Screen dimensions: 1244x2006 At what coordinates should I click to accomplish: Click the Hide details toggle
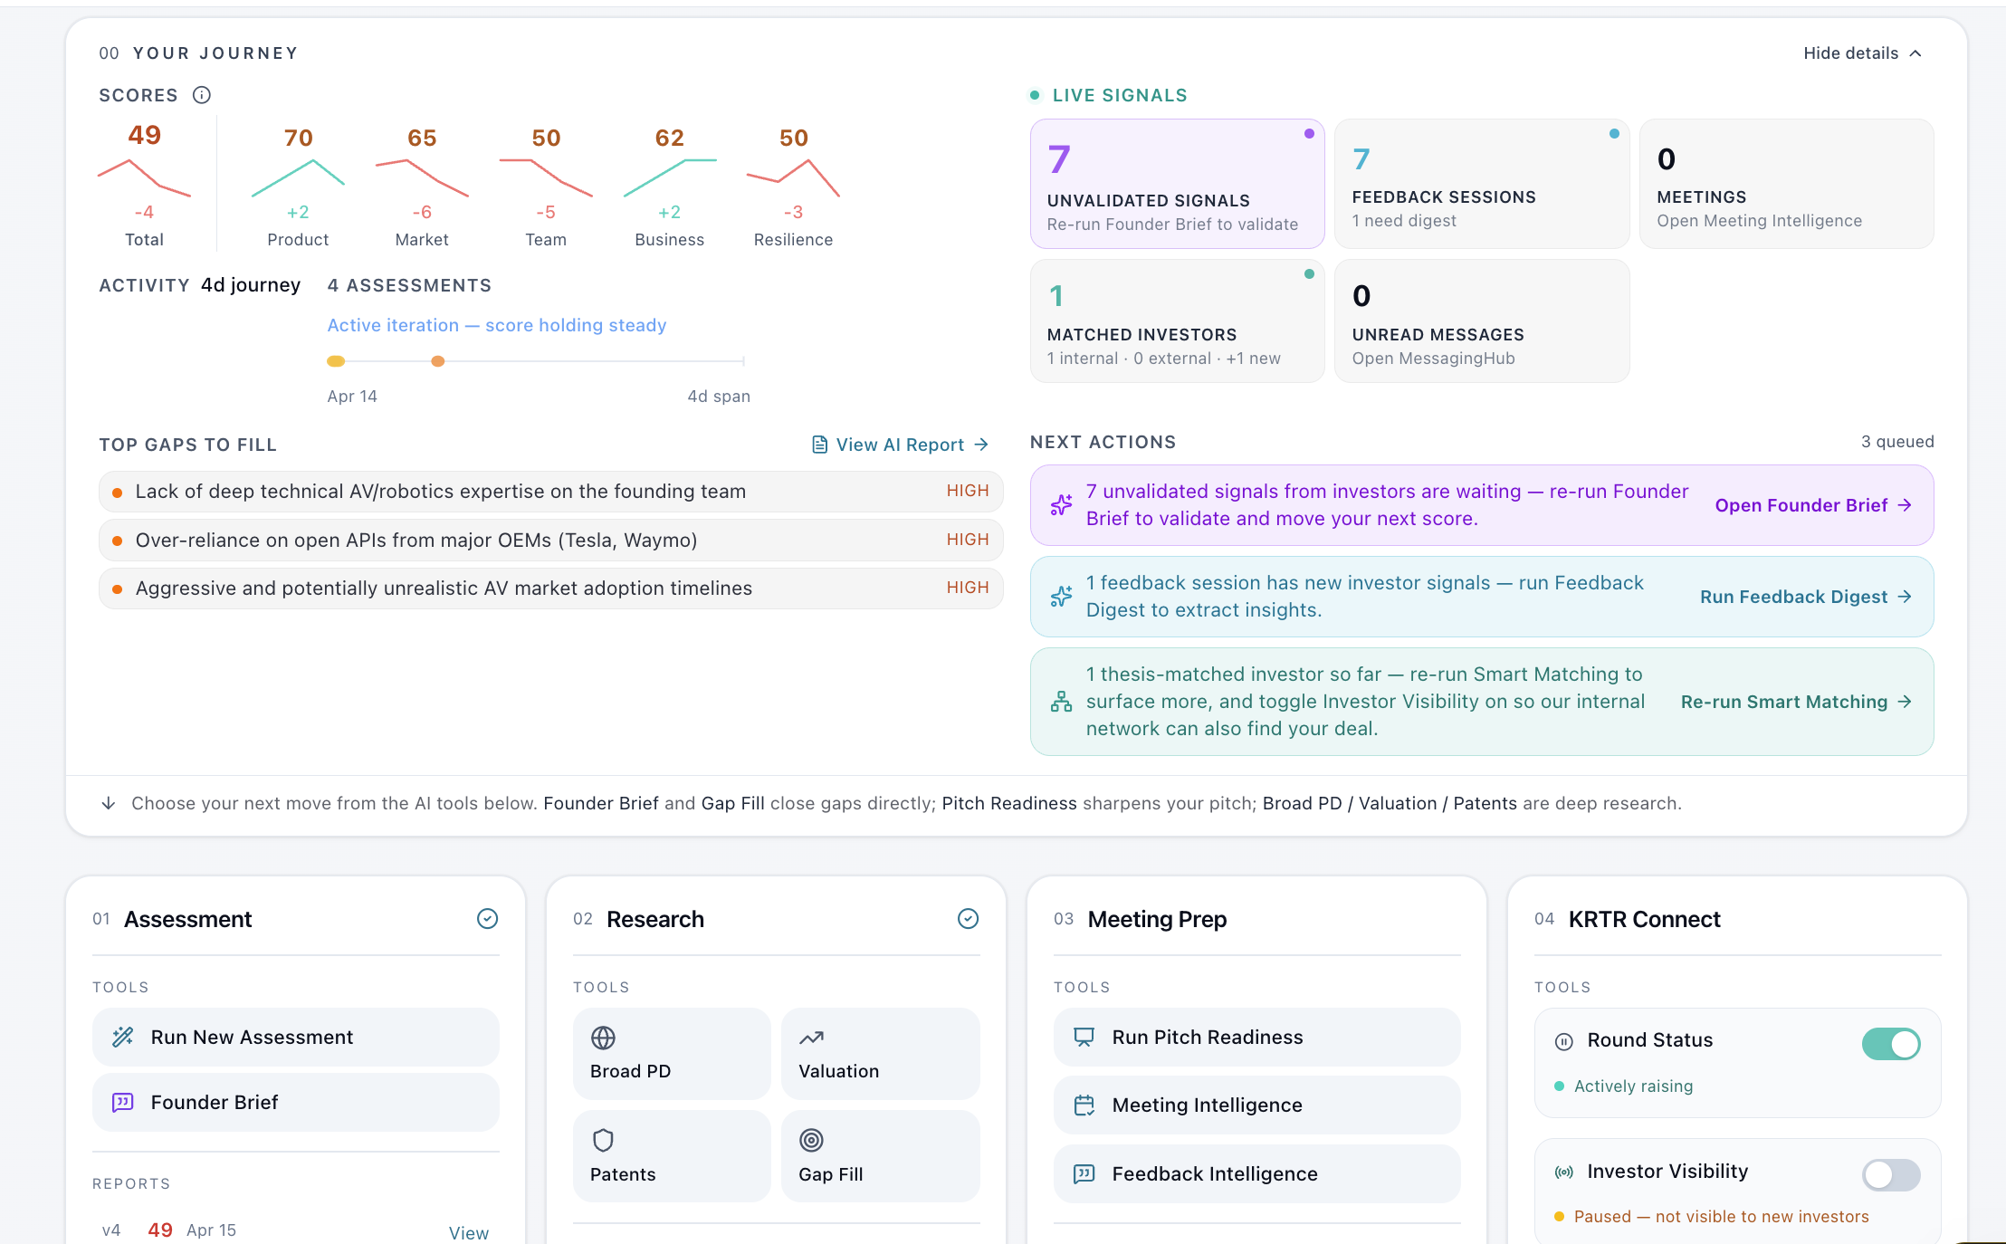[x=1861, y=53]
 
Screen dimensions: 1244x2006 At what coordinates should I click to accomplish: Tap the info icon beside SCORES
[x=202, y=95]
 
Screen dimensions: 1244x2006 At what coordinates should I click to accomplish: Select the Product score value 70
[x=298, y=138]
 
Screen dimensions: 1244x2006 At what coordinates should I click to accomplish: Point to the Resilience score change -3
[x=793, y=212]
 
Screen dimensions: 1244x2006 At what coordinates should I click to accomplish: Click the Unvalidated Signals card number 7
[x=1059, y=159]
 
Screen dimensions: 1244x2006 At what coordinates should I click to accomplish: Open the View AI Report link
[x=900, y=445]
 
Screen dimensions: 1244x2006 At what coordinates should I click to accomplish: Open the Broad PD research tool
[x=671, y=1054]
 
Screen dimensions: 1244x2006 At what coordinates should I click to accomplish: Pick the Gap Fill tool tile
[x=879, y=1156]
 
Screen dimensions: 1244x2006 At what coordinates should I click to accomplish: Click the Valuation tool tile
[x=879, y=1054]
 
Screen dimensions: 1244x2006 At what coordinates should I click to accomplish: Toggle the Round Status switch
[x=1890, y=1044]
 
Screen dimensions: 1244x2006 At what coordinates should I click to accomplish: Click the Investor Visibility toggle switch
[x=1890, y=1175]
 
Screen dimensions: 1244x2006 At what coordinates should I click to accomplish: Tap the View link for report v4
[x=468, y=1232]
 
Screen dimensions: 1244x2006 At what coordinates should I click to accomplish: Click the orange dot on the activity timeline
[x=438, y=361]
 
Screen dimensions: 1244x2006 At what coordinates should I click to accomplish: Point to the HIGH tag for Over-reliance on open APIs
[x=967, y=540]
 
